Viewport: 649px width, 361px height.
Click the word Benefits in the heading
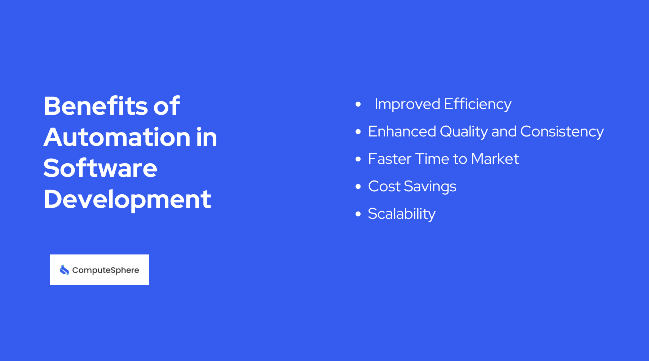click(96, 106)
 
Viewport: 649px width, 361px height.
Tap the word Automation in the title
click(117, 137)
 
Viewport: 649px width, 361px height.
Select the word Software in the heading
click(100, 168)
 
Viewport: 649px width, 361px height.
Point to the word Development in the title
click(127, 199)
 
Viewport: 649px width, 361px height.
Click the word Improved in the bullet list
click(407, 104)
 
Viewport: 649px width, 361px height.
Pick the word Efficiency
click(477, 104)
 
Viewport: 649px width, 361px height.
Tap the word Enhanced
click(402, 132)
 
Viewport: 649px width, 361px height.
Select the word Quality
click(464, 132)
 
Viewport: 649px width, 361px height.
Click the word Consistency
click(562, 132)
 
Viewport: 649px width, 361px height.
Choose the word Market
click(495, 159)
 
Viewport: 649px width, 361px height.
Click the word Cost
click(384, 187)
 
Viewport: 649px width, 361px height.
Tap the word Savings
click(430, 187)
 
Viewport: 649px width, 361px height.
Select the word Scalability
click(402, 214)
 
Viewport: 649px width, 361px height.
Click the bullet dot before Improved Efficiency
click(358, 104)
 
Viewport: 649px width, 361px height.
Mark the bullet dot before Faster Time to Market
click(358, 159)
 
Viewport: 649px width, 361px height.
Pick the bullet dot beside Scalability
click(358, 214)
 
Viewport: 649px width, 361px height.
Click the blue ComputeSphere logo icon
click(65, 270)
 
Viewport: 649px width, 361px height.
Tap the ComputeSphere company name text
click(105, 270)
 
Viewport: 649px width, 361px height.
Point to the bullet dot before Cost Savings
click(358, 187)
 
